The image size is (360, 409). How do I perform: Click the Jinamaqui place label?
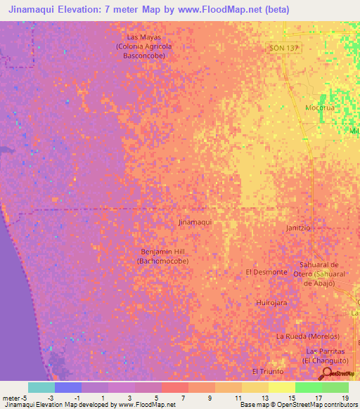(x=195, y=221)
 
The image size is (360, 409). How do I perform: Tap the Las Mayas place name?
(x=144, y=37)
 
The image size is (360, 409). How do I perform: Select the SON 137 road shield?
(x=283, y=48)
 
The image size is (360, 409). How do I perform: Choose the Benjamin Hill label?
(x=162, y=251)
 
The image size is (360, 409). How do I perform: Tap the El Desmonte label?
(x=266, y=272)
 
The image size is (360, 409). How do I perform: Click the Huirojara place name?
(x=271, y=302)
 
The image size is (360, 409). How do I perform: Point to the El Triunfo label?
(x=267, y=371)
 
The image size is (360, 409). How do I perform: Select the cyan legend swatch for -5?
(x=41, y=387)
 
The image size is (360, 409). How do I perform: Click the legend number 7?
(x=184, y=398)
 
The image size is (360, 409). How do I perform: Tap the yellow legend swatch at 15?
(x=282, y=387)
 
